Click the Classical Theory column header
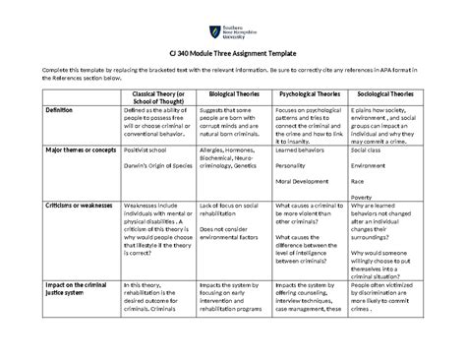158,97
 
